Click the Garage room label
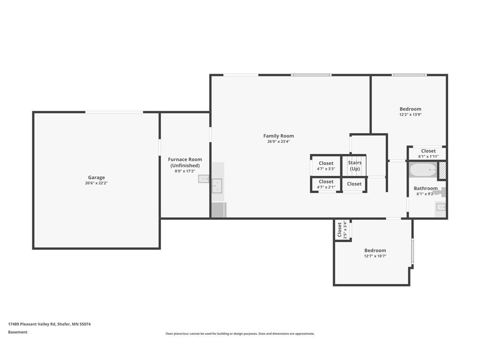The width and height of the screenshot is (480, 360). [x=97, y=177]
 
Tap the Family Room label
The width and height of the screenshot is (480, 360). [x=278, y=136]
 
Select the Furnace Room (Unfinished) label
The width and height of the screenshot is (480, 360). [x=185, y=162]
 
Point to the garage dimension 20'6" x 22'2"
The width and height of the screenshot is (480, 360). [x=97, y=183]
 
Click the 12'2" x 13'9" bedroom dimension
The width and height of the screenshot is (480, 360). [x=411, y=114]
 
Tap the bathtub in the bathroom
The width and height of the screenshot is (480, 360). [x=423, y=170]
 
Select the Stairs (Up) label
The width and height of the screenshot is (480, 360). [x=355, y=165]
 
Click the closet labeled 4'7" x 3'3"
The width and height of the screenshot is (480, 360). [x=326, y=165]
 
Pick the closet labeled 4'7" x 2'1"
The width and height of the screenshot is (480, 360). [x=326, y=184]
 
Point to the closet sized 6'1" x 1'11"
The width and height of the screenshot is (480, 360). [x=428, y=153]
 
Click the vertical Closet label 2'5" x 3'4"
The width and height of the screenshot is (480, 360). [x=342, y=230]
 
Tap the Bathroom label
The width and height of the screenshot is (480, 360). [x=426, y=188]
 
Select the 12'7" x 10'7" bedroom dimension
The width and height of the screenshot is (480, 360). [x=375, y=256]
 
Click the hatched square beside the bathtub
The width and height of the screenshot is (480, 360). [x=442, y=170]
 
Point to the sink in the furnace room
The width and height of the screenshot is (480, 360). [x=203, y=179]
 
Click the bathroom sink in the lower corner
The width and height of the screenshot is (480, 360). [x=441, y=208]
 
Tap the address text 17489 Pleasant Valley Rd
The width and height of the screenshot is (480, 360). [x=32, y=324]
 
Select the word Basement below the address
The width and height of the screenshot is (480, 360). [x=18, y=332]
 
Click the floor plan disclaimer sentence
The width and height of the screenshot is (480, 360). [x=240, y=334]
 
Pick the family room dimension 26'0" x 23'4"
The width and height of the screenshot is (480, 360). [x=278, y=142]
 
